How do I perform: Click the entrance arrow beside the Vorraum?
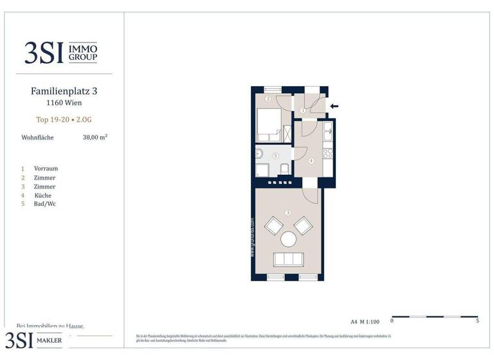tap(333, 106)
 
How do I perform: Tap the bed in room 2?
tap(268, 125)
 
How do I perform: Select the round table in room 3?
tap(288, 240)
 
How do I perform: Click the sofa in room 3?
tap(289, 260)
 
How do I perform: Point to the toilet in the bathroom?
tap(282, 169)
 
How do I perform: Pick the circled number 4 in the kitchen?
tap(311, 161)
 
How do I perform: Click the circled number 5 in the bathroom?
tap(275, 155)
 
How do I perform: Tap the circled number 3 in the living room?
tap(288, 213)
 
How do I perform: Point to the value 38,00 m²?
tap(95, 137)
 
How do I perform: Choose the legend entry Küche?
tap(44, 195)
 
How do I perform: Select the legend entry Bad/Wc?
tap(44, 204)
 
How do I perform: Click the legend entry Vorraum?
tap(46, 168)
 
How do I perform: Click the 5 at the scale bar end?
tap(477, 320)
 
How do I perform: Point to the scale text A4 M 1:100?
tap(365, 321)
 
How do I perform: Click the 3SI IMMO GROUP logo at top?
tap(60, 52)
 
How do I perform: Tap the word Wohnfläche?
tap(37, 137)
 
